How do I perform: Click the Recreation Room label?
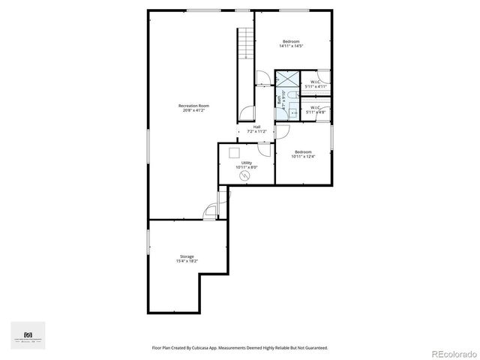pos(193,108)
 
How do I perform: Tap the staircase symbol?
pos(244,46)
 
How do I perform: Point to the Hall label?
pos(256,129)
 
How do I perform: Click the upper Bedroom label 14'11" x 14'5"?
pos(291,43)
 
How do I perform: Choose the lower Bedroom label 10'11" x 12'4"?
pos(303,154)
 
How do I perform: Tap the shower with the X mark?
pos(287,80)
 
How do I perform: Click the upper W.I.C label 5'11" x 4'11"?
pos(315,84)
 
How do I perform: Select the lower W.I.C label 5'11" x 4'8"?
pos(315,109)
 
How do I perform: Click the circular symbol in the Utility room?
pos(244,175)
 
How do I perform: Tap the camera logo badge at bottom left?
pos(28,334)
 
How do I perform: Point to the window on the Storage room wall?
pos(148,244)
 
